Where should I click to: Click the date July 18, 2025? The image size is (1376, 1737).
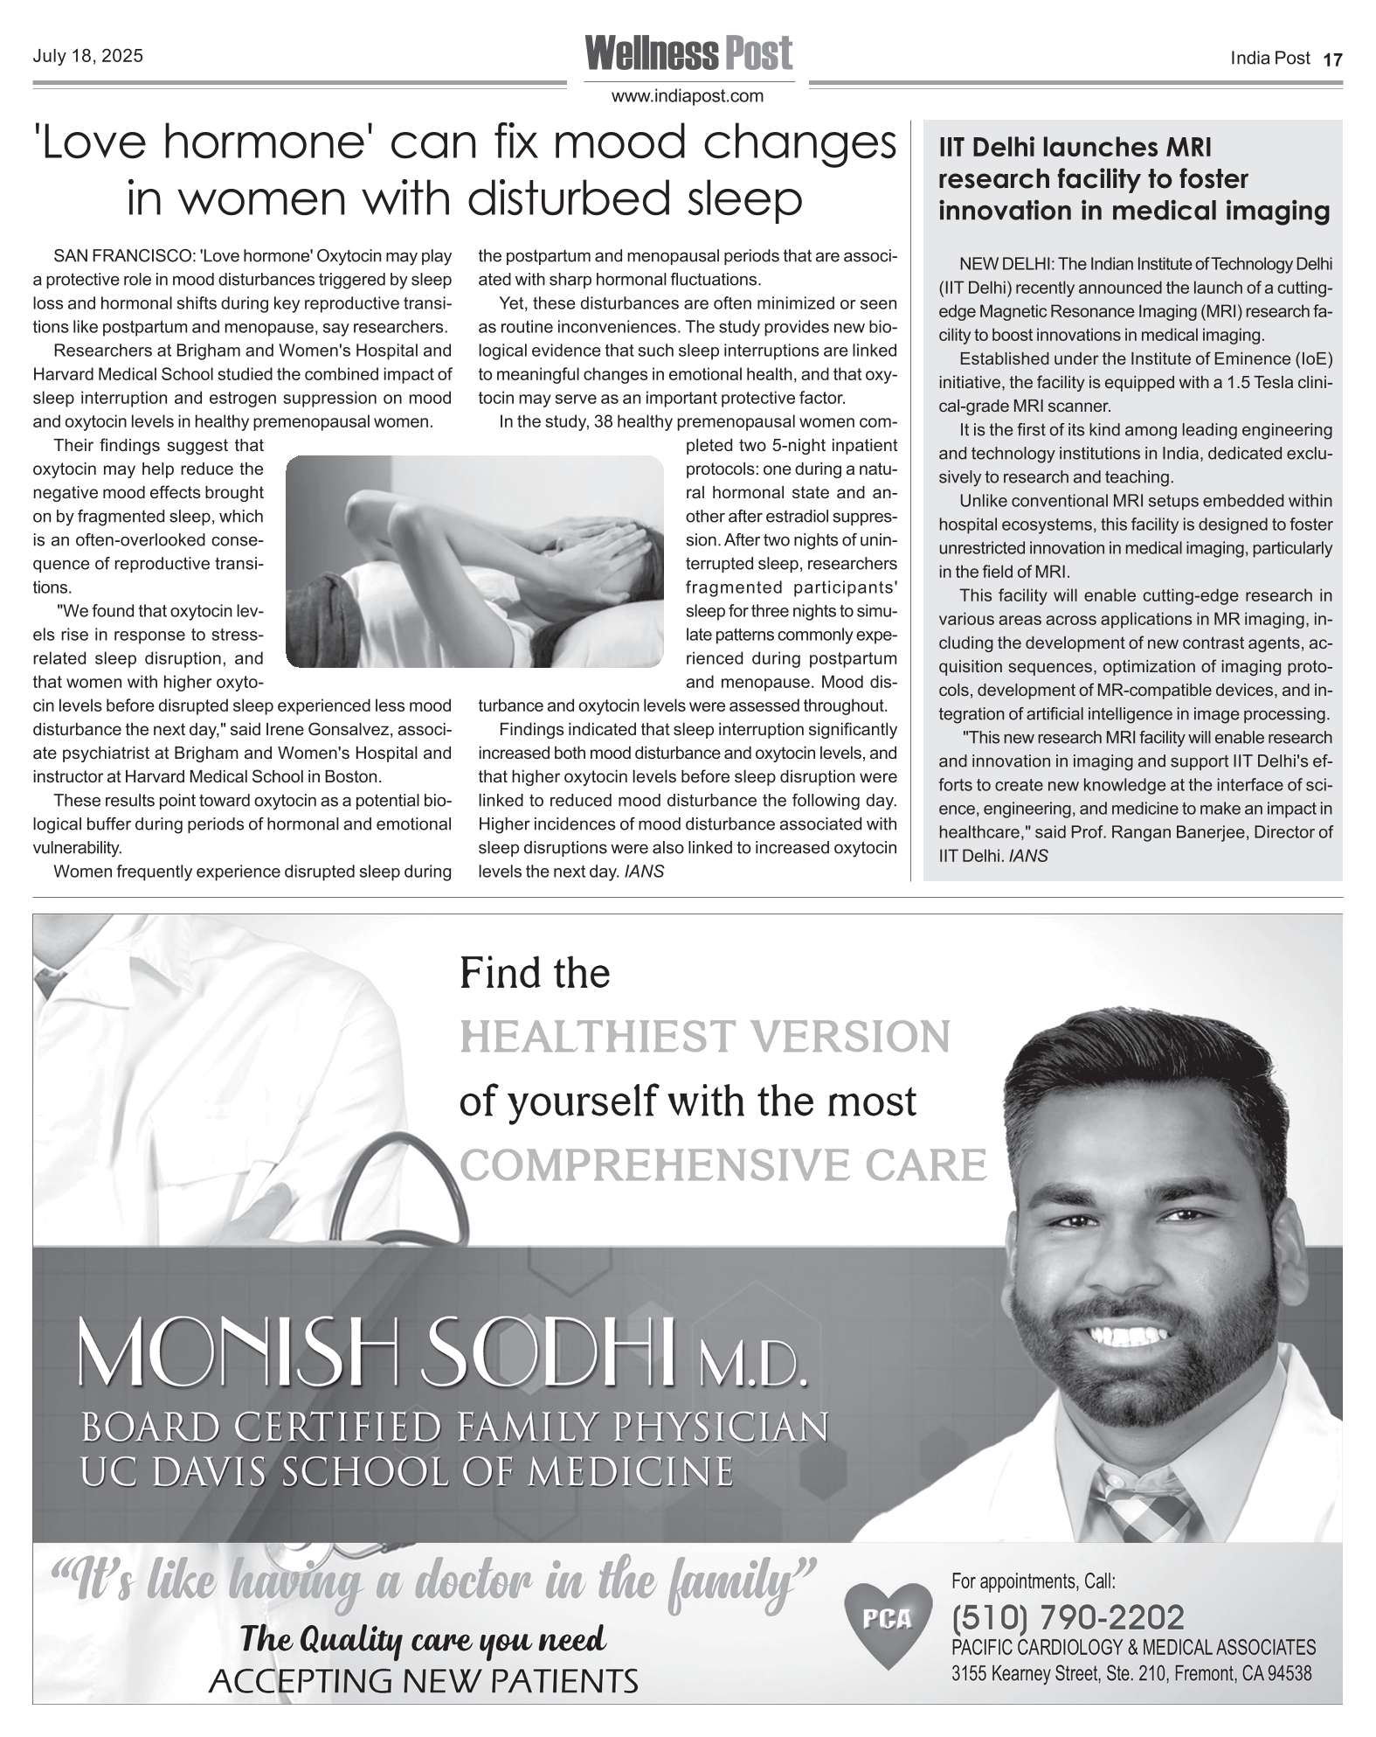click(x=87, y=57)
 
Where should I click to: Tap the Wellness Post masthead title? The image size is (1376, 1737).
click(x=688, y=53)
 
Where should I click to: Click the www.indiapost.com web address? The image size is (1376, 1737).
click(x=688, y=96)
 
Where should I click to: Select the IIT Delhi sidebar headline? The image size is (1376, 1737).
click(x=1133, y=179)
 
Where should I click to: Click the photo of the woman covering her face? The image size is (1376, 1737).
click(x=474, y=561)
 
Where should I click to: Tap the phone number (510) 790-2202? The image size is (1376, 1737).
click(x=1067, y=1617)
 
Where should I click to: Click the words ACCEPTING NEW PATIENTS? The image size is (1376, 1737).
click(x=423, y=1680)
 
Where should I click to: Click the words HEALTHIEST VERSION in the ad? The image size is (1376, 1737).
click(x=704, y=1038)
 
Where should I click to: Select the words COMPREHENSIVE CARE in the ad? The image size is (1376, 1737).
click(x=723, y=1165)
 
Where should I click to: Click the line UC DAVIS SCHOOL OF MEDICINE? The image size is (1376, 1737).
click(x=406, y=1472)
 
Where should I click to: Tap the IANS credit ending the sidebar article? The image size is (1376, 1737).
click(x=1027, y=856)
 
